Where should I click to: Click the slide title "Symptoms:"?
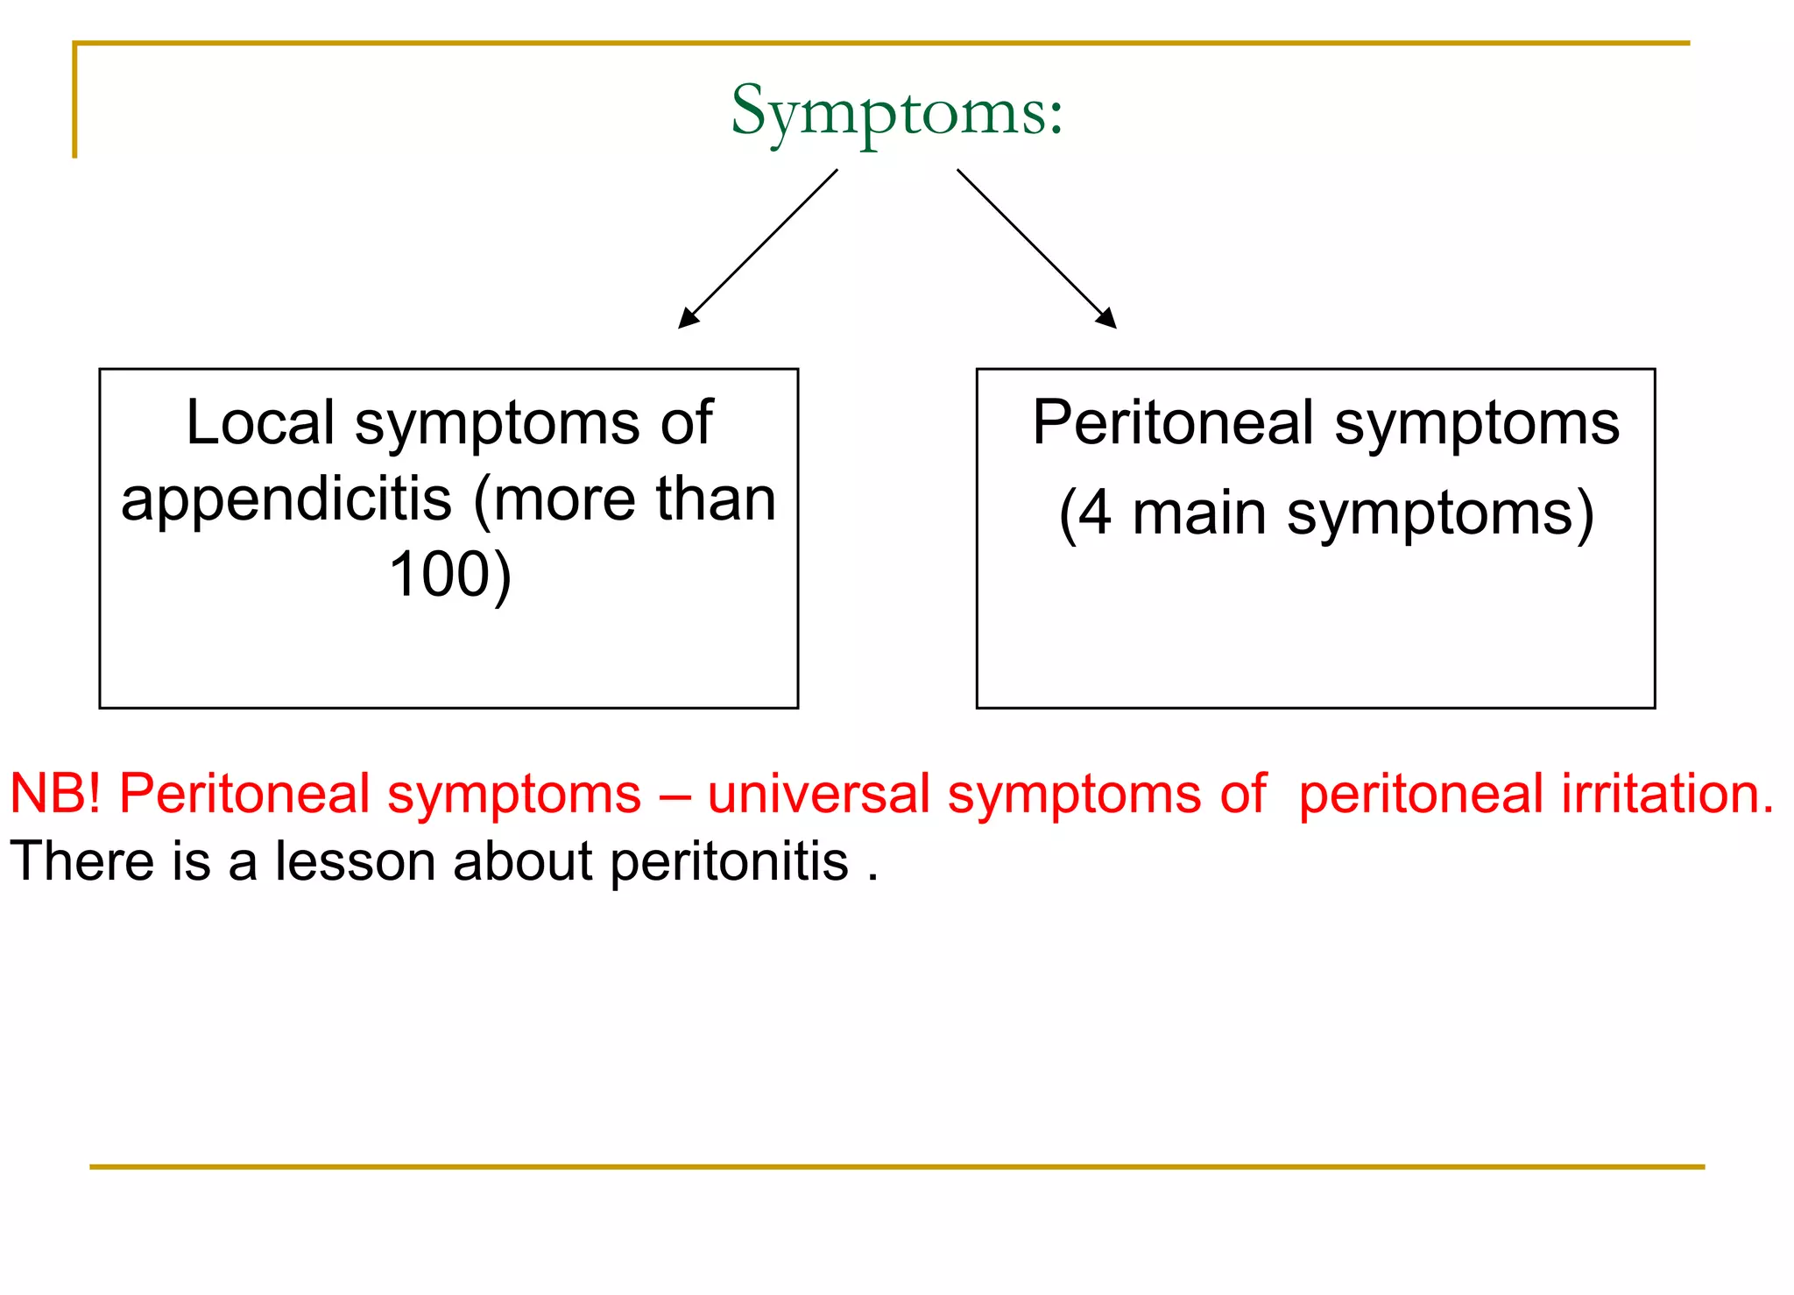pyautogui.click(x=897, y=112)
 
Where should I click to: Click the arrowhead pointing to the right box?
pyautogui.click(x=1107, y=319)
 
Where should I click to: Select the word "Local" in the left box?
pyautogui.click(x=260, y=423)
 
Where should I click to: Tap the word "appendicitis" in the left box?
pyautogui.click(x=286, y=500)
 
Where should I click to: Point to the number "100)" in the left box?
pyautogui.click(x=449, y=576)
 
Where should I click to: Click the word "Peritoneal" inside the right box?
pyautogui.click(x=1173, y=423)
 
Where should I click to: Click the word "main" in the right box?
pyautogui.click(x=1199, y=513)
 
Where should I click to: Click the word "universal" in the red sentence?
pyautogui.click(x=818, y=794)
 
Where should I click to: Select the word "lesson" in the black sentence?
pyautogui.click(x=355, y=861)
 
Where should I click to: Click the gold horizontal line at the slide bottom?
pyautogui.click(x=897, y=1167)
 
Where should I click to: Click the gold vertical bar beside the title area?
pyautogui.click(x=75, y=101)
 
